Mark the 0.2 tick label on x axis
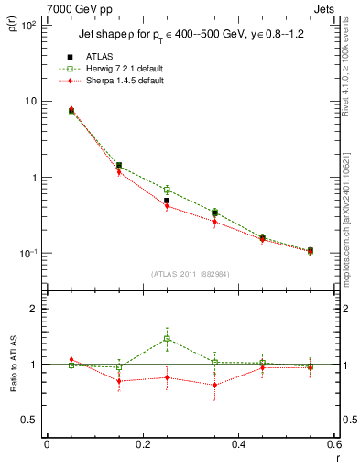[x=142, y=444]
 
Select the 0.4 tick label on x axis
[x=237, y=444]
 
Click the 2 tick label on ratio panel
[x=32, y=309]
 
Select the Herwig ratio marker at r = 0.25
[x=167, y=339]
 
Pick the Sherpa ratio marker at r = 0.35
[x=214, y=385]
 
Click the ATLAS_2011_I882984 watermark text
[x=191, y=274]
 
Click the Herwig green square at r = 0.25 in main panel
[x=167, y=190]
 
